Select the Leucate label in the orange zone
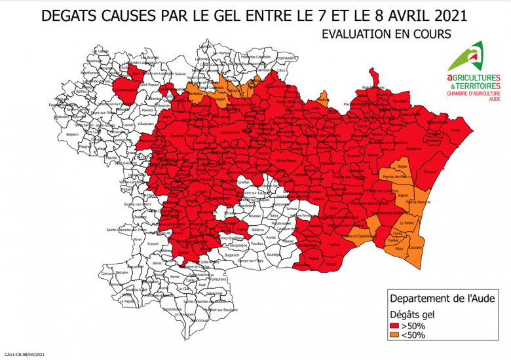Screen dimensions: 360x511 pyautogui.click(x=415, y=247)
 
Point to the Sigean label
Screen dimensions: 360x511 pyautogui.click(x=404, y=195)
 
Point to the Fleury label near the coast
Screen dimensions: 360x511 pyautogui.click(x=455, y=131)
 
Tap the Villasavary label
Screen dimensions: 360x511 pyautogui.click(x=147, y=123)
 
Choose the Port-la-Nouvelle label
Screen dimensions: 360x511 pyautogui.click(x=417, y=203)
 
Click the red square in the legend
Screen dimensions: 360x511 pyautogui.click(x=394, y=325)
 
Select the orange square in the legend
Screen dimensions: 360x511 pyautogui.click(x=394, y=335)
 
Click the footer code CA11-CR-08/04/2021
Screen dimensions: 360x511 pyautogui.click(x=24, y=354)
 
